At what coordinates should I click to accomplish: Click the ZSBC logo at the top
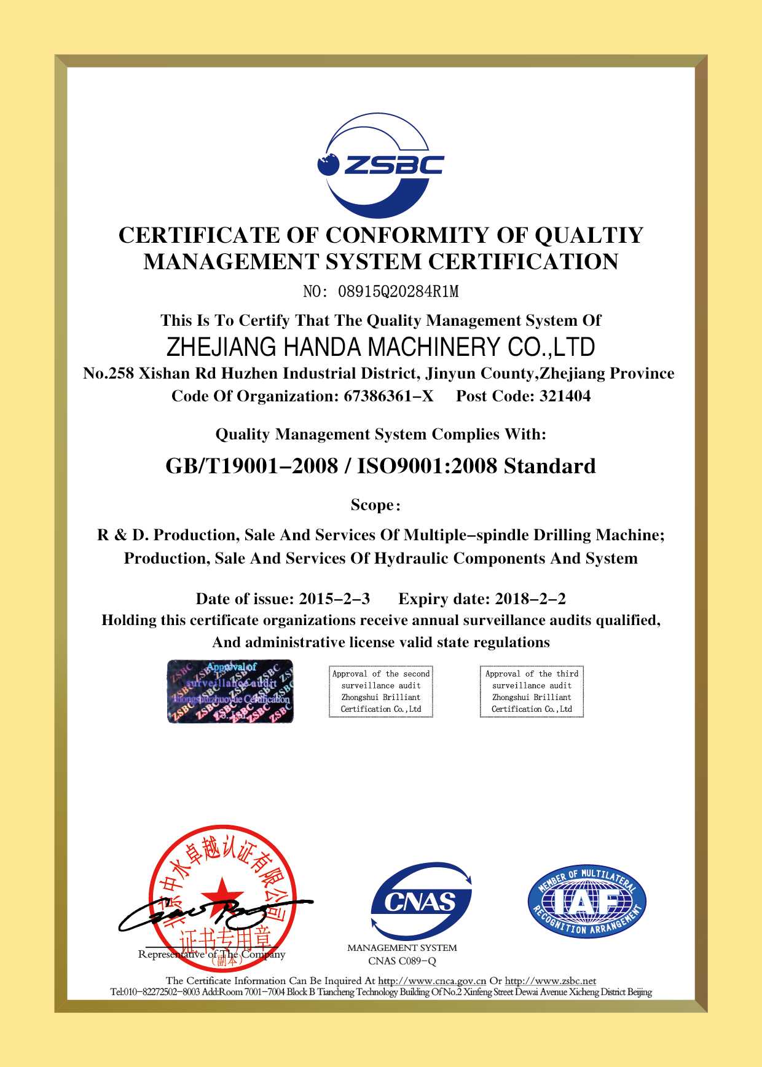point(380,165)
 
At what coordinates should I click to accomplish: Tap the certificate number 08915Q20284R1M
point(398,292)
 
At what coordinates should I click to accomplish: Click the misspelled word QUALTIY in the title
point(589,235)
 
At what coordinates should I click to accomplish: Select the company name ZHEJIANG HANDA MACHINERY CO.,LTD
point(380,347)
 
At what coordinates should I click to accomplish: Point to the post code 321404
point(565,396)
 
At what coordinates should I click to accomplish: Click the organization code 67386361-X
point(388,396)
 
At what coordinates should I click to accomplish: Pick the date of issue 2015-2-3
point(334,599)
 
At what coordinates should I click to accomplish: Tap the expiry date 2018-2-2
point(530,599)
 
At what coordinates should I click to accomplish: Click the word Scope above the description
point(372,505)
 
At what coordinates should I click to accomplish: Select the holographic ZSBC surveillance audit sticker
point(230,691)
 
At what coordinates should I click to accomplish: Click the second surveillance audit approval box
point(381,691)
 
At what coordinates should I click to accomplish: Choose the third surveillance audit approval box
point(532,691)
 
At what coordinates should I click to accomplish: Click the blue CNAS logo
point(422,902)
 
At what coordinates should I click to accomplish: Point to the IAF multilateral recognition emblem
point(587,902)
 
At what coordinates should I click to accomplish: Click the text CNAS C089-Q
point(402,961)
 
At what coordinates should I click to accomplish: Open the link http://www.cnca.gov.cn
point(432,981)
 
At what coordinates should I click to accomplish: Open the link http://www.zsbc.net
point(550,981)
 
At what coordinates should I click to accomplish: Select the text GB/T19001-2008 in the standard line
point(251,467)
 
